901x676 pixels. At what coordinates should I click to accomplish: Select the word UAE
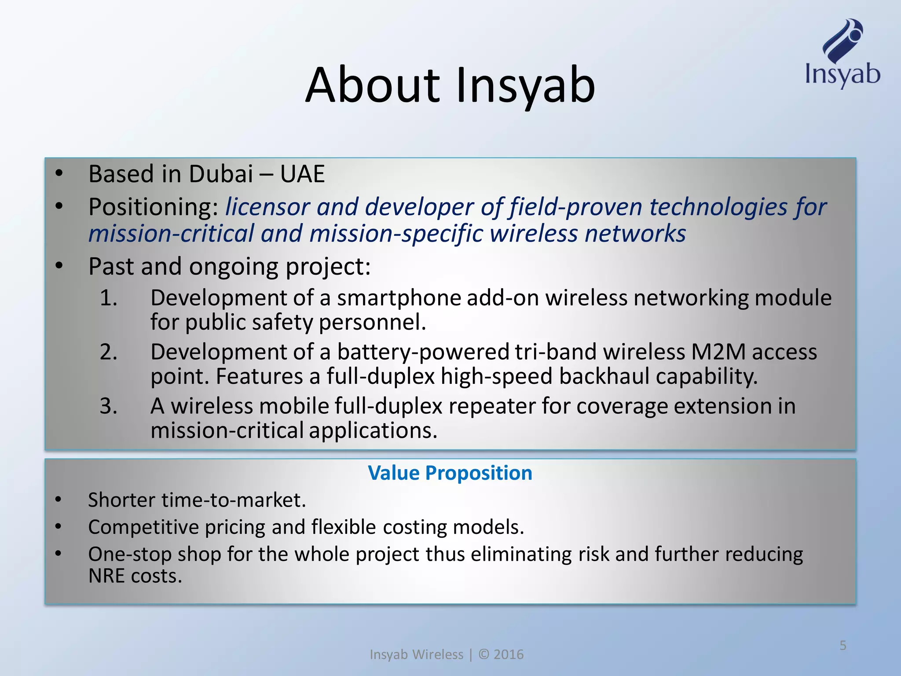pyautogui.click(x=302, y=174)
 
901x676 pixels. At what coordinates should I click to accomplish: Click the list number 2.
pyautogui.click(x=108, y=352)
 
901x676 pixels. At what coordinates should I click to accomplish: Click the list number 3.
pyautogui.click(x=108, y=406)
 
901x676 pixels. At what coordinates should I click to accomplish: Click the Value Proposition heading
pyautogui.click(x=450, y=473)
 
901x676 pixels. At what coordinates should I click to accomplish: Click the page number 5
pyautogui.click(x=843, y=646)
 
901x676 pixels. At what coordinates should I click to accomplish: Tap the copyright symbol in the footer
pyautogui.click(x=484, y=654)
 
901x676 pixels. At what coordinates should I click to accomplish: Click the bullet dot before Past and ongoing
pyautogui.click(x=59, y=266)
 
